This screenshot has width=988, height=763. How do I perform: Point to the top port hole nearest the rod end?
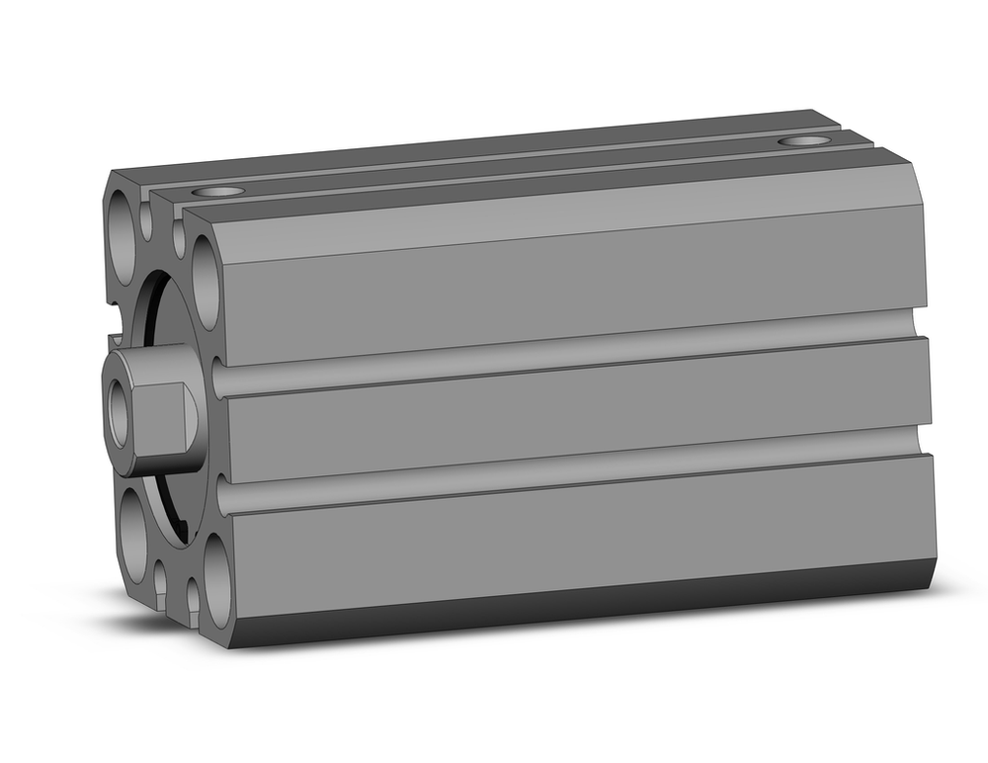tap(218, 191)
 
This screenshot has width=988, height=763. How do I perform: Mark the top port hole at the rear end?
tap(803, 141)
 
